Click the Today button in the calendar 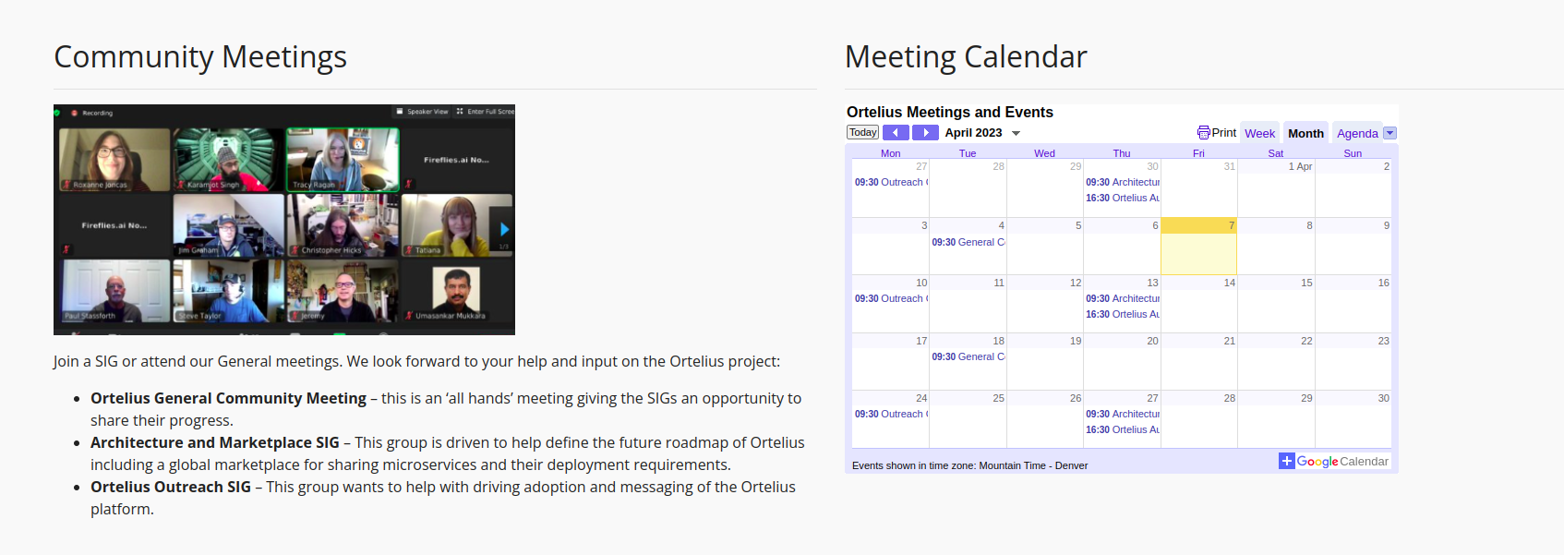pyautogui.click(x=862, y=133)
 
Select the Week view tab pyautogui.click(x=1259, y=133)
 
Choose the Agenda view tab pyautogui.click(x=1356, y=133)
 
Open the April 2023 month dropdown pyautogui.click(x=1015, y=133)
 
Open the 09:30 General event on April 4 pyautogui.click(x=968, y=242)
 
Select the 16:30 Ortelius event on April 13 pyautogui.click(x=1122, y=314)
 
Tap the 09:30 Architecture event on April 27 pyautogui.click(x=1122, y=414)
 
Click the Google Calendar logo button pyautogui.click(x=1334, y=461)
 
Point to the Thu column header pyautogui.click(x=1121, y=153)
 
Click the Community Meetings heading pyautogui.click(x=200, y=57)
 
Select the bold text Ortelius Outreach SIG pyautogui.click(x=171, y=487)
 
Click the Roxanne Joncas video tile pyautogui.click(x=114, y=159)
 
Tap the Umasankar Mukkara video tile pyautogui.click(x=456, y=291)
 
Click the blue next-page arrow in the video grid pyautogui.click(x=504, y=229)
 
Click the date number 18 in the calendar pyautogui.click(x=998, y=341)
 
